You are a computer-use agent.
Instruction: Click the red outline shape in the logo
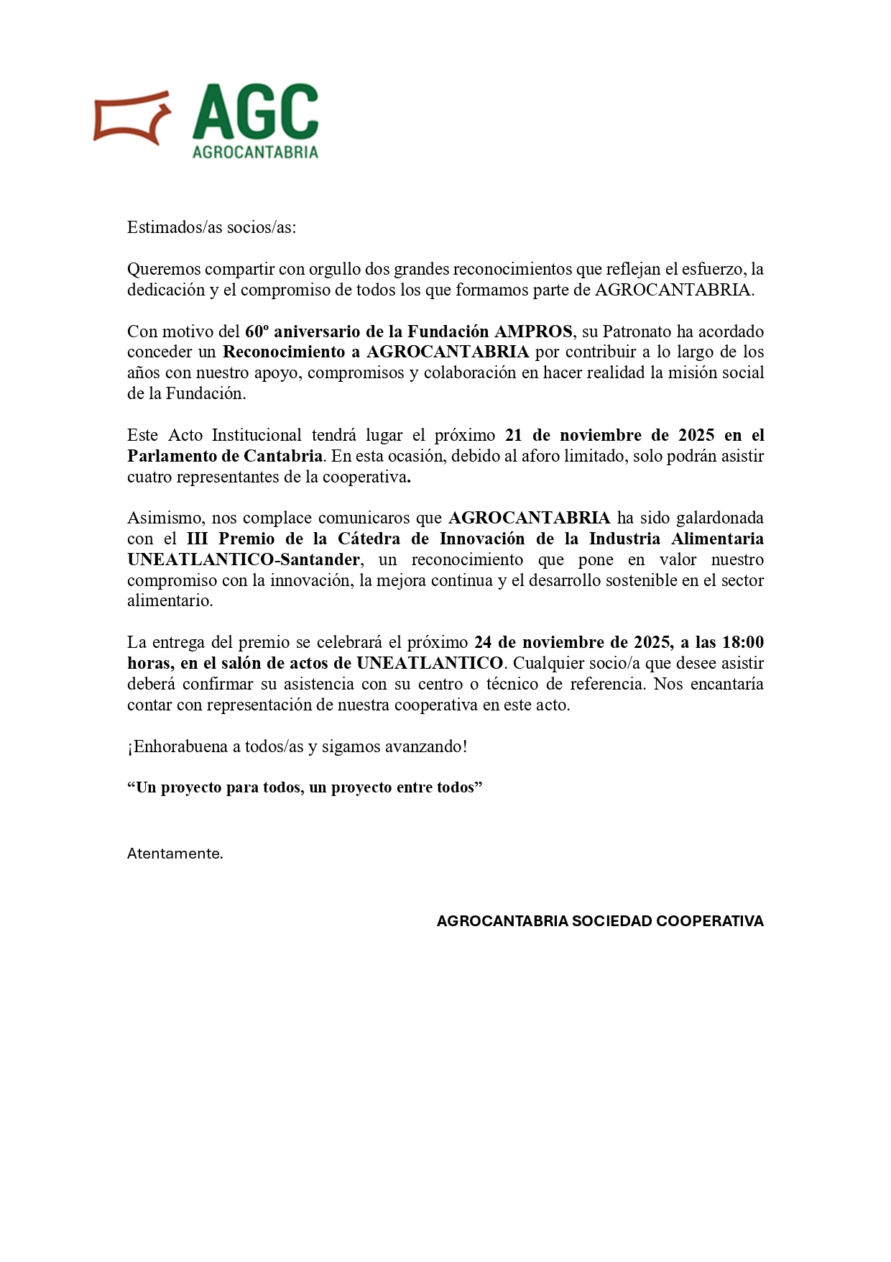click(x=131, y=117)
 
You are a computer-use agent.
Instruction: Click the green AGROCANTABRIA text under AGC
click(x=255, y=152)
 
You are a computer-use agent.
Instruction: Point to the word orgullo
click(x=335, y=269)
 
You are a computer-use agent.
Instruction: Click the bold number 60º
click(x=257, y=331)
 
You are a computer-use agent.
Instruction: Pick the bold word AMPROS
click(x=533, y=331)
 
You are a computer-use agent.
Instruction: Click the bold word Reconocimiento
click(x=283, y=352)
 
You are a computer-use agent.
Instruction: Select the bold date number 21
click(x=514, y=435)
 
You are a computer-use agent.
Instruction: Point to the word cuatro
click(x=149, y=477)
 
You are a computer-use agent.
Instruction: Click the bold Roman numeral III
click(x=198, y=539)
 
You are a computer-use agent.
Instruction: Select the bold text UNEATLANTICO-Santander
click(x=244, y=559)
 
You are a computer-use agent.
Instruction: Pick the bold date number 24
click(x=483, y=642)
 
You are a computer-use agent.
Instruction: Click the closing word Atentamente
click(x=175, y=854)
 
